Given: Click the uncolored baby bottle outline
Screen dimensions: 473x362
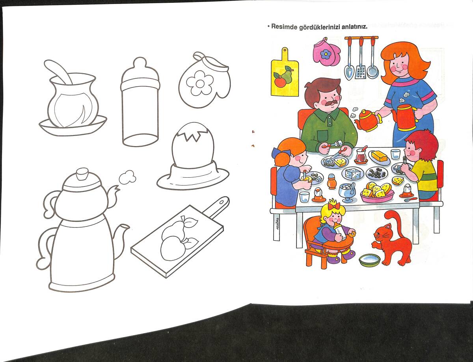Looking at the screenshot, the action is [140, 102].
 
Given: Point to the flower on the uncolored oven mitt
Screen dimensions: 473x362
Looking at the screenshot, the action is [199, 83].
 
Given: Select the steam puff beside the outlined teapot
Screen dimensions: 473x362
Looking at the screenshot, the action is [127, 177].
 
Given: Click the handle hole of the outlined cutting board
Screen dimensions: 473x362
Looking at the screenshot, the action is [222, 202].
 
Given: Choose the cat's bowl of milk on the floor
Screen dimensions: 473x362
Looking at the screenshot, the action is [370, 260].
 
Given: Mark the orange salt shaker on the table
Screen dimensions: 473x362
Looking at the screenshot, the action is [331, 181].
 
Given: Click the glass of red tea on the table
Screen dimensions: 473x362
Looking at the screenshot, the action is [361, 156].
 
